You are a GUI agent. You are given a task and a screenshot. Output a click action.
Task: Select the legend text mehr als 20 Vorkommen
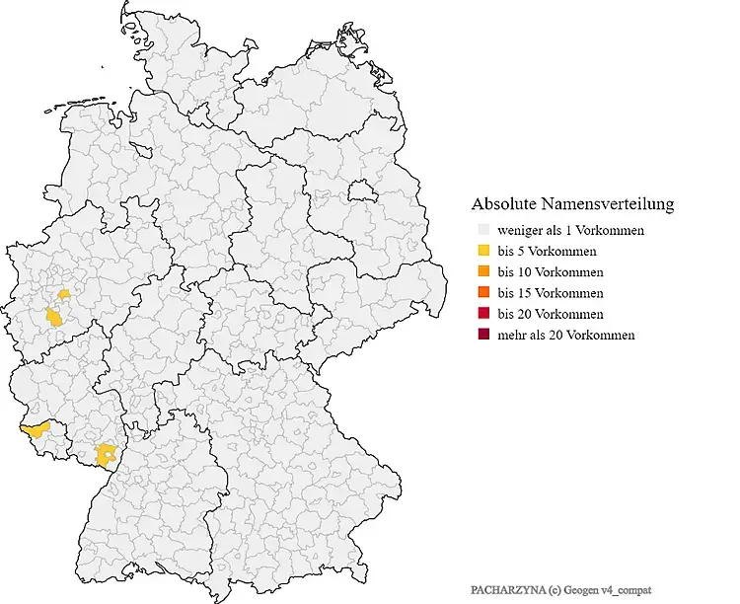tap(565, 336)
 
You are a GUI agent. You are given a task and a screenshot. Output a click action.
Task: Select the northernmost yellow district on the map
tap(64, 293)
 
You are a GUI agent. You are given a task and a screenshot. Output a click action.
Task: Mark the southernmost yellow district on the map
tap(105, 454)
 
